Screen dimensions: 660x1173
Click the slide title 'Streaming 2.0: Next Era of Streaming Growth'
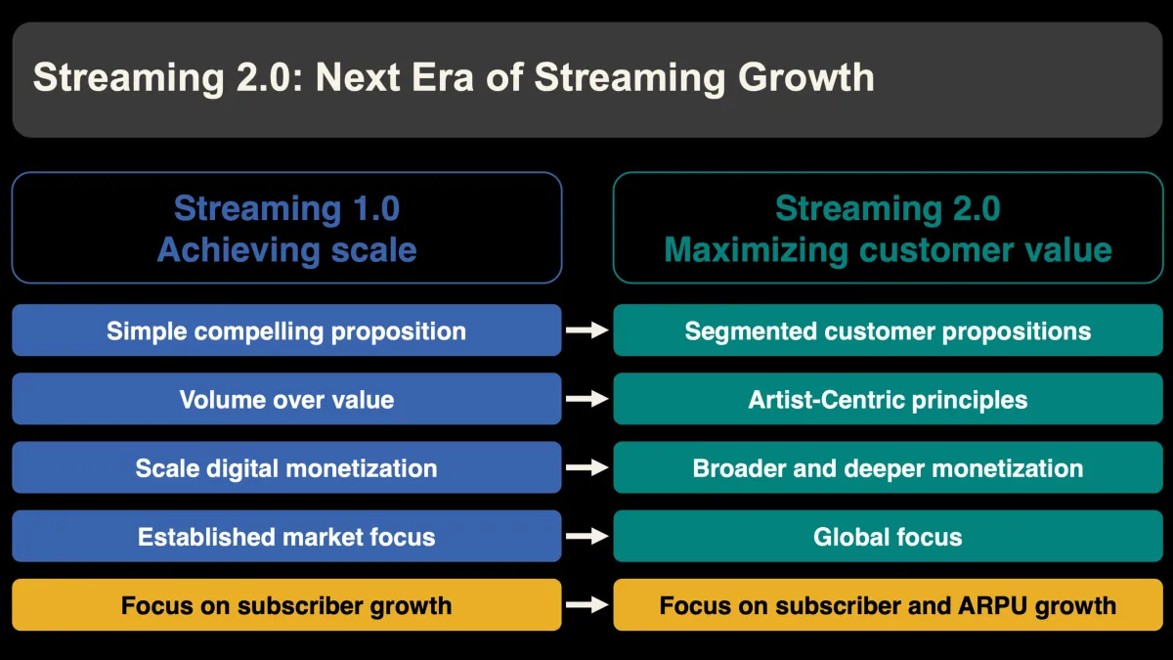454,78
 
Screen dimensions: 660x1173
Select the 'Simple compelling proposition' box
286,330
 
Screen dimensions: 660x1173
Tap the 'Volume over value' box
286,399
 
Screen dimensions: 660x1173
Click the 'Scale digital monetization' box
286,467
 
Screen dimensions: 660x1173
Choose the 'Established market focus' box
286,536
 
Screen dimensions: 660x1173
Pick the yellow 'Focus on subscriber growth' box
286,605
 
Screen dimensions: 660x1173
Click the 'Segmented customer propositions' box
888,330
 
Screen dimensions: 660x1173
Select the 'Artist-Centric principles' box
888,399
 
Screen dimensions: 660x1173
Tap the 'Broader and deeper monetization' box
888,467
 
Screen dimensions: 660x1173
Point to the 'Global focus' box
888,536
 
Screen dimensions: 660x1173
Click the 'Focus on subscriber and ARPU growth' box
888,605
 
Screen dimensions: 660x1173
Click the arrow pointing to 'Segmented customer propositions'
587,330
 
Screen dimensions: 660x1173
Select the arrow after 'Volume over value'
587,399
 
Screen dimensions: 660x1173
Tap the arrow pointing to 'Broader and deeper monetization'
587,467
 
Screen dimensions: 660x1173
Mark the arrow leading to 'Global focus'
587,536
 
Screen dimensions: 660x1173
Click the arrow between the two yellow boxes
587,605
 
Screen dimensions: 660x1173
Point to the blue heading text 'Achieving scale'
286,249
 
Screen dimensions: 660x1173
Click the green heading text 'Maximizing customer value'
888,249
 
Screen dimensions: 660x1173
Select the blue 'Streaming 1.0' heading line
286,208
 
